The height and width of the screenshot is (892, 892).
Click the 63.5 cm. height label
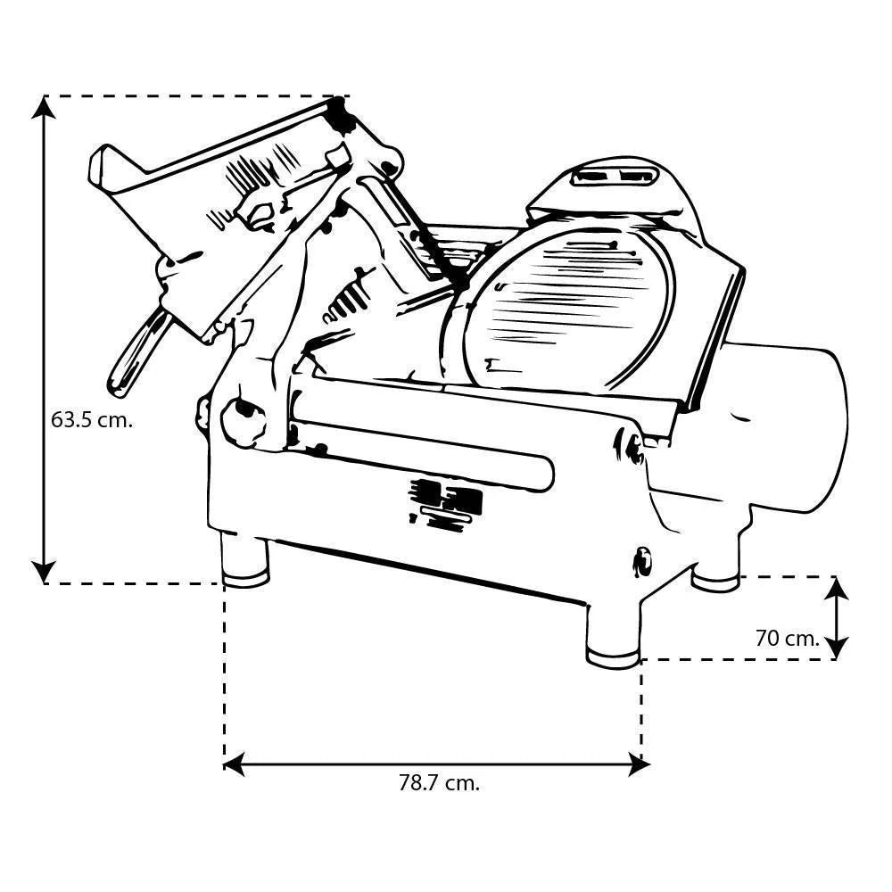92,421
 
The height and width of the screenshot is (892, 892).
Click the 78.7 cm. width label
438,784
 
